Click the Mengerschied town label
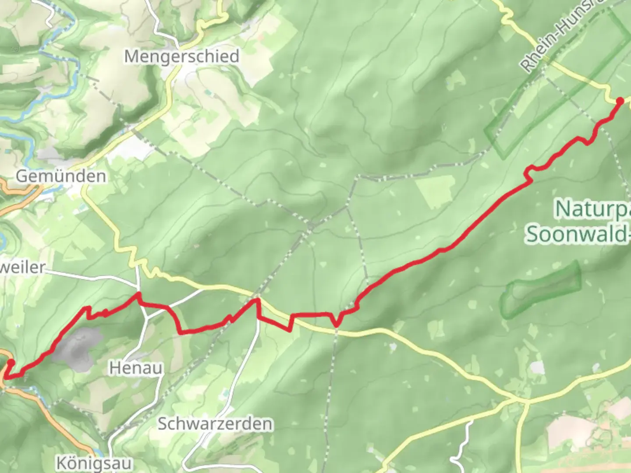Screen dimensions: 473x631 point(181,56)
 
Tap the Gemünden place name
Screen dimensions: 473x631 point(61,176)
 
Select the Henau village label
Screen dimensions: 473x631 point(135,368)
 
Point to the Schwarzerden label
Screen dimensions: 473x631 point(215,424)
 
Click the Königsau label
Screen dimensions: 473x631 point(94,462)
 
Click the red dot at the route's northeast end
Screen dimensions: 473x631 point(620,101)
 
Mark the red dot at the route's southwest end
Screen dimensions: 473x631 point(10,363)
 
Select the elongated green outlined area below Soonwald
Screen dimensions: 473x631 point(543,289)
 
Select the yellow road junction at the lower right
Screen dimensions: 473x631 point(519,399)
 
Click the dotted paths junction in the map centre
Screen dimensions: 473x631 point(310,226)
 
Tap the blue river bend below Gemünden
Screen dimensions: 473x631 point(3,239)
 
